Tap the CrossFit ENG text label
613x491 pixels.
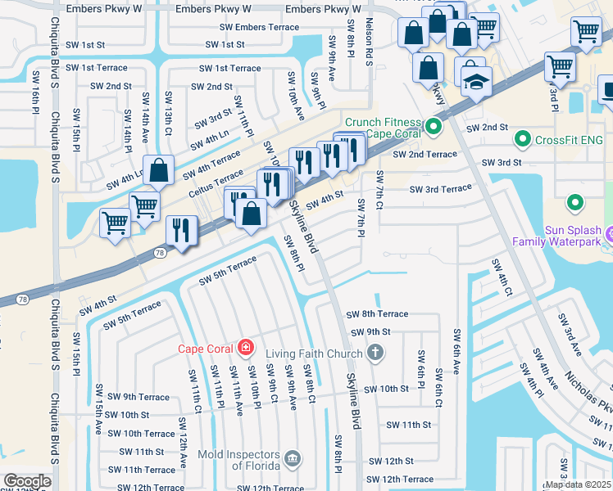click(x=568, y=140)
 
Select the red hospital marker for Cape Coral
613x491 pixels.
click(x=244, y=349)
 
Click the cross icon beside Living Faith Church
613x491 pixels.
click(x=375, y=353)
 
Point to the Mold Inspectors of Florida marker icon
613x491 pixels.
click(x=293, y=457)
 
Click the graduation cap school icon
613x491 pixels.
click(x=476, y=82)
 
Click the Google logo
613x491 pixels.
click(x=27, y=480)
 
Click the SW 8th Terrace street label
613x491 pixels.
click(x=376, y=314)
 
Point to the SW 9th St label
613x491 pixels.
click(x=370, y=332)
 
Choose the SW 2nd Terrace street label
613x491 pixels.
click(x=425, y=154)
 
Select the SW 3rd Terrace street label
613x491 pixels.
click(x=440, y=189)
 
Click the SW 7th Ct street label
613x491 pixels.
click(x=379, y=189)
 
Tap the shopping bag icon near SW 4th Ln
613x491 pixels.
click(x=159, y=170)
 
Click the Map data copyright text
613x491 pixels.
click(x=579, y=484)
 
